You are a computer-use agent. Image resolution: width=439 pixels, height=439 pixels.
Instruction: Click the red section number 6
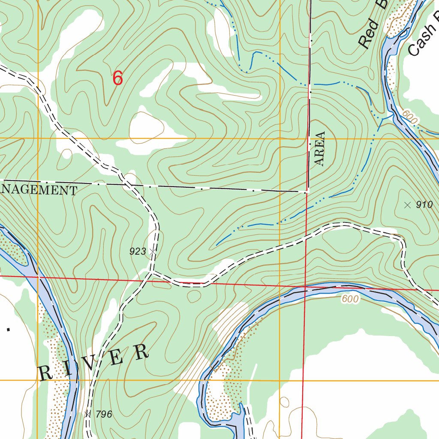tap(118, 79)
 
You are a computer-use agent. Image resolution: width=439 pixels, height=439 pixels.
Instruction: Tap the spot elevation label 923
tap(138, 252)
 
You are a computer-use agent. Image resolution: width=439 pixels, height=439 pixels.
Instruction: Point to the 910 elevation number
tap(424, 205)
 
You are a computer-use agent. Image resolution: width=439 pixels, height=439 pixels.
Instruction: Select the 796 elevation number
tap(104, 414)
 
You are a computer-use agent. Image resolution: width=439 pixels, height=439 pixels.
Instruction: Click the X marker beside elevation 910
tap(407, 205)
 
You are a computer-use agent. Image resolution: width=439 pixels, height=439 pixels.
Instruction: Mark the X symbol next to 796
tap(88, 414)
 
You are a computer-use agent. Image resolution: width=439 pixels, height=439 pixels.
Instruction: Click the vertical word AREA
tap(320, 148)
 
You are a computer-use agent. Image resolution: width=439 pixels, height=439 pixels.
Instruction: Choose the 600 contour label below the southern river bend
tap(350, 299)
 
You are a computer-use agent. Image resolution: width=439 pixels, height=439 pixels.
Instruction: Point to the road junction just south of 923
tap(151, 271)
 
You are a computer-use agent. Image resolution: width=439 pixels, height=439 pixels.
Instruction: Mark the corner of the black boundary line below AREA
tap(307, 191)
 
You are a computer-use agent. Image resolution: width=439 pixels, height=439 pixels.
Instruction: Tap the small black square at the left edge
tap(8, 329)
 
